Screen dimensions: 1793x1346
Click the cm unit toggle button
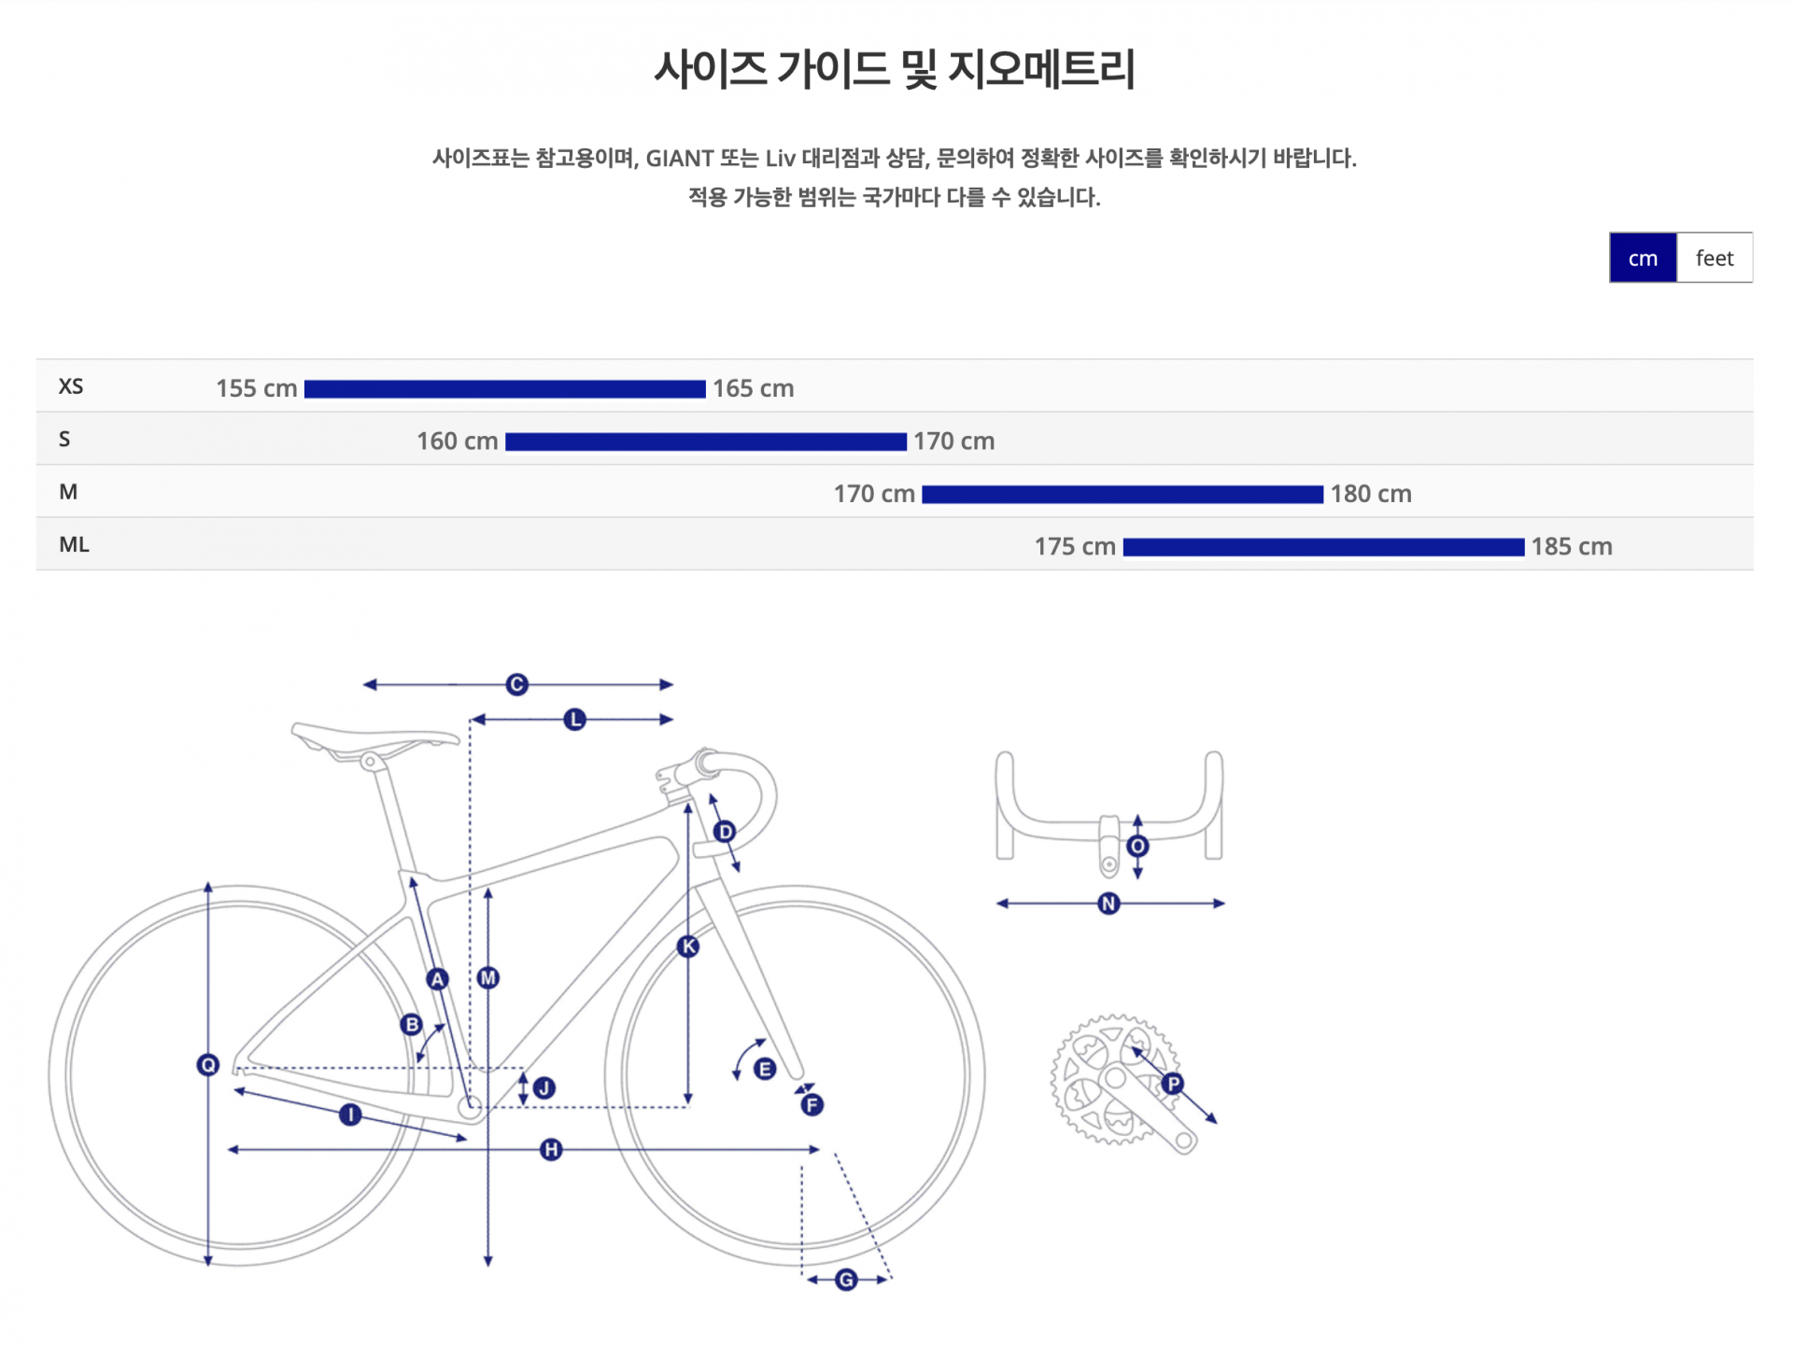pos(1643,258)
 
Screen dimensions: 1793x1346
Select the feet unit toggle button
pos(1715,258)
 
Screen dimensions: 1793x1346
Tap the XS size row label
pos(71,386)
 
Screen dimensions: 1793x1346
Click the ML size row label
pos(74,544)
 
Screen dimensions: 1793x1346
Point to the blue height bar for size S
pos(706,442)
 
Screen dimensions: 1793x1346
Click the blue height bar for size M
pos(1122,495)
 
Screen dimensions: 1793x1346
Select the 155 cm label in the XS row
pos(257,388)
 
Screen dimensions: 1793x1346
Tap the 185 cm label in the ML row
pos(1572,546)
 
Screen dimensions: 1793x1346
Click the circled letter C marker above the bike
pos(517,684)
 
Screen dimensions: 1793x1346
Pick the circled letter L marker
pos(575,720)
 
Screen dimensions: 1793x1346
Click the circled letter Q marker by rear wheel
pos(208,1065)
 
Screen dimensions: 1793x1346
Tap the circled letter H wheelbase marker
pos(551,1149)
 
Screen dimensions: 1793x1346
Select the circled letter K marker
pos(688,946)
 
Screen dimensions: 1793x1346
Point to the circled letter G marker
pos(846,1280)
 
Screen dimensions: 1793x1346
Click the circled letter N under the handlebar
pos(1108,904)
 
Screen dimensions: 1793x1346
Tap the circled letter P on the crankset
pos(1173,1084)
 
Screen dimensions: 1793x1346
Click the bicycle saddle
pos(374,741)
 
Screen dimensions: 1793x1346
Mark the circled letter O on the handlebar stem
pos(1137,847)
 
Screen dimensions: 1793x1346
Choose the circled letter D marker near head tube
pos(725,832)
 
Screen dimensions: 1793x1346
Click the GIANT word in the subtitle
pos(680,159)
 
